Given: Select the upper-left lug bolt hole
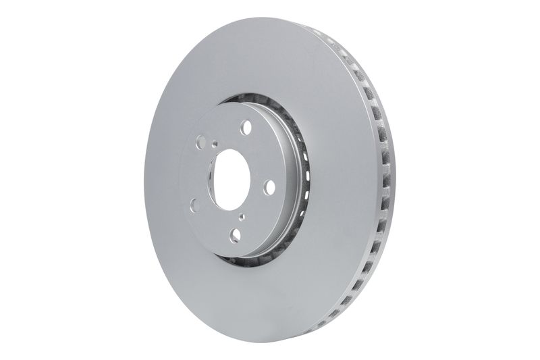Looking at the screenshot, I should click(200, 142).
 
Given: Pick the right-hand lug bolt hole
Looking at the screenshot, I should click(269, 187).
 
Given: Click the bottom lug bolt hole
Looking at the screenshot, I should click(235, 234).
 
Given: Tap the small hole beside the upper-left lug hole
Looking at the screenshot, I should click(215, 143).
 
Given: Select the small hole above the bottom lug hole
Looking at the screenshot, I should click(242, 217).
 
